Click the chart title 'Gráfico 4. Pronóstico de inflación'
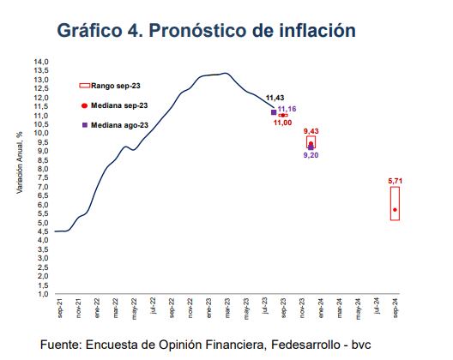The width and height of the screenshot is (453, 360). (x=205, y=31)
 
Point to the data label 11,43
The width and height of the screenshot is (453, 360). (x=275, y=98)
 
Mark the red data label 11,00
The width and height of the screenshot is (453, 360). (x=283, y=123)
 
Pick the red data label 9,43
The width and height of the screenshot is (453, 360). (x=311, y=130)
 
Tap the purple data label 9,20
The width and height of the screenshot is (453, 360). (x=311, y=156)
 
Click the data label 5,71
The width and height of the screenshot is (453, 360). (x=396, y=181)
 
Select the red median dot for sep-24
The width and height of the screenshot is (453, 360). (x=396, y=209)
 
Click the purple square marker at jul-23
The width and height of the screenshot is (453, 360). (x=273, y=112)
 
